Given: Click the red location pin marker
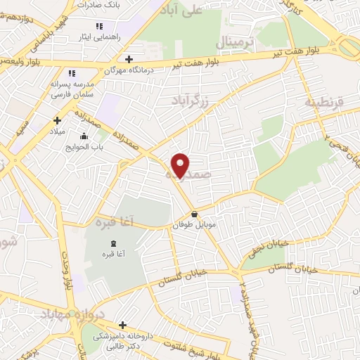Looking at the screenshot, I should [x=181, y=165].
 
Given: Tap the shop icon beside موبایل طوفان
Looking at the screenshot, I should [x=194, y=214].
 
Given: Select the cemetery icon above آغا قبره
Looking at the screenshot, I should [x=115, y=243].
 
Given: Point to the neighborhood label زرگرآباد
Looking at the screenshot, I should [x=191, y=101].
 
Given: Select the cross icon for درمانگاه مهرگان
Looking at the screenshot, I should [x=128, y=59].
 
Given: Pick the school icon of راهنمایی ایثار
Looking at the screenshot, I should [x=110, y=26].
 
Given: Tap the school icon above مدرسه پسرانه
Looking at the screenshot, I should [x=71, y=72].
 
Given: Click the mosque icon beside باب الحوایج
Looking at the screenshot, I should [x=84, y=136].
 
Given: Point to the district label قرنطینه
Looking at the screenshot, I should [x=324, y=103].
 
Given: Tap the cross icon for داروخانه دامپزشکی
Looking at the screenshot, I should [x=123, y=325].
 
